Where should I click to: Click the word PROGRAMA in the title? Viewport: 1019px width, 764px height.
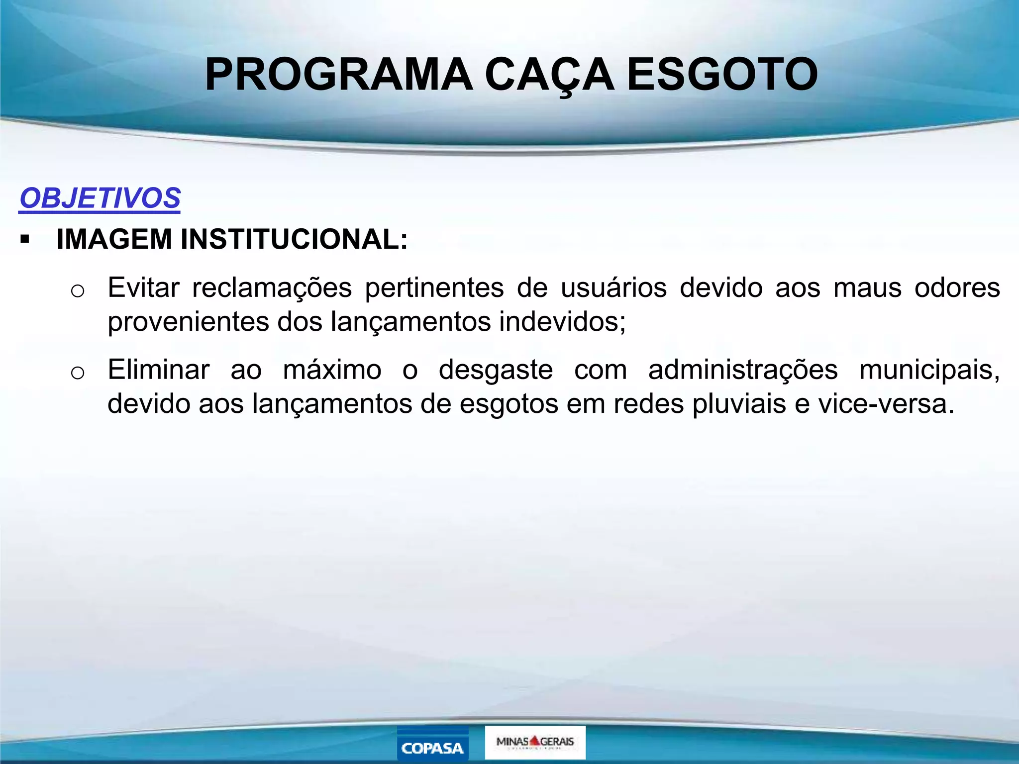[x=339, y=75]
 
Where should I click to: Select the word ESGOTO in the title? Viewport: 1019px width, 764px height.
[x=722, y=75]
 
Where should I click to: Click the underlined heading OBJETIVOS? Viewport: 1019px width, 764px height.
[x=100, y=198]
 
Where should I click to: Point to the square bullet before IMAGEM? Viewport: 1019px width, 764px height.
[x=25, y=240]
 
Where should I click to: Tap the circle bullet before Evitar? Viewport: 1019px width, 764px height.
[x=78, y=290]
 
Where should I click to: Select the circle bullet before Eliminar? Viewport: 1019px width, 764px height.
[x=78, y=373]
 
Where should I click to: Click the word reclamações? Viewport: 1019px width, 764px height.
[x=272, y=288]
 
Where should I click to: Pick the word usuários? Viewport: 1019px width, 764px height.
[x=613, y=288]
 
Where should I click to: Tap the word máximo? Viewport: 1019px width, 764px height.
[x=332, y=370]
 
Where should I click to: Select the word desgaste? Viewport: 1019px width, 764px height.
[x=496, y=370]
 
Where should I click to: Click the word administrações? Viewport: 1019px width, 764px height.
[x=743, y=370]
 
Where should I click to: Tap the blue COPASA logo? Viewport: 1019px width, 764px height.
[x=432, y=744]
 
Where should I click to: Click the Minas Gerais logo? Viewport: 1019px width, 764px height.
[x=535, y=742]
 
